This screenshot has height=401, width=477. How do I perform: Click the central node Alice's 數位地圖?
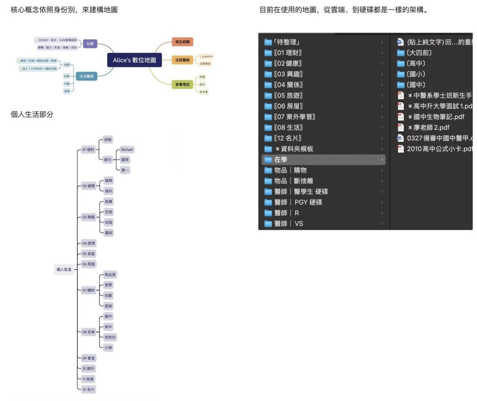pyautogui.click(x=134, y=60)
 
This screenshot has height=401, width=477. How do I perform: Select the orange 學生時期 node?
pyautogui.click(x=182, y=42)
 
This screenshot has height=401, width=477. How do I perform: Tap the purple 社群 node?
pyautogui.click(x=90, y=44)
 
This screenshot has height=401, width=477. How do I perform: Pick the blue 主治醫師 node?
pyautogui.click(x=86, y=76)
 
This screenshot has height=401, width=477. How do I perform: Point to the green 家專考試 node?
pyautogui.click(x=182, y=84)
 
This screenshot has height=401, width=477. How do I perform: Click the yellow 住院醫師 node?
pyautogui.click(x=182, y=60)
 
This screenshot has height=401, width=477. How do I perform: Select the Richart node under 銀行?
pyautogui.click(x=127, y=149)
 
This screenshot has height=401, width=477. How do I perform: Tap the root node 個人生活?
pyautogui.click(x=64, y=269)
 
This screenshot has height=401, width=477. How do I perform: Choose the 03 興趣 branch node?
pyautogui.click(x=88, y=217)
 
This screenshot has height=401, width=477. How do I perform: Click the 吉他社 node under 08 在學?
pyautogui.click(x=110, y=337)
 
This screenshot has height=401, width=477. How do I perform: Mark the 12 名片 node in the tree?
pyautogui.click(x=88, y=389)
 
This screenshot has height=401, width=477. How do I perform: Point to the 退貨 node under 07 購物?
pyautogui.click(x=108, y=306)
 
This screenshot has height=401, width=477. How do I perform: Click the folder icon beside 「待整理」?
pyautogui.click(x=268, y=42)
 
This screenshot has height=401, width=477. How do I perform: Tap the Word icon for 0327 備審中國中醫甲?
pyautogui.click(x=400, y=138)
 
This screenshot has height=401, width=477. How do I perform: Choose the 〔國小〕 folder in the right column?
pyautogui.click(x=416, y=74)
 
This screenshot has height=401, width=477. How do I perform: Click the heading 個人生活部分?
pyautogui.click(x=32, y=114)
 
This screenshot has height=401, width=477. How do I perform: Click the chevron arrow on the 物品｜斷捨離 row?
pyautogui.click(x=382, y=181)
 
